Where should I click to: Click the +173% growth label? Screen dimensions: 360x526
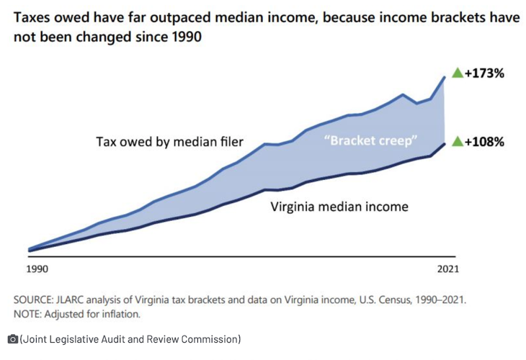coord(484,73)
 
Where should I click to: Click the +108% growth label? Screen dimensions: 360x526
coord(484,141)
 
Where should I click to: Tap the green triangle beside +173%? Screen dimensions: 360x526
coord(457,73)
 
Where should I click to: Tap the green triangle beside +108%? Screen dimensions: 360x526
coord(457,141)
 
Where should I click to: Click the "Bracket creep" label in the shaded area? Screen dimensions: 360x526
coord(372,140)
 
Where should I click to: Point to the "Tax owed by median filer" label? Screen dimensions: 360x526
coord(169,141)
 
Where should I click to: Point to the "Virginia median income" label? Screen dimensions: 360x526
coord(339,207)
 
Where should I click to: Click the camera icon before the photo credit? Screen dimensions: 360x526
coord(12,339)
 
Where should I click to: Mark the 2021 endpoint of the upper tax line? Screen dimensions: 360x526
coord(445,76)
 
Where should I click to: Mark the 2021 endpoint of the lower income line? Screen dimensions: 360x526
coord(445,143)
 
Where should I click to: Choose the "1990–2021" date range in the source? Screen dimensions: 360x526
coord(437,299)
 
